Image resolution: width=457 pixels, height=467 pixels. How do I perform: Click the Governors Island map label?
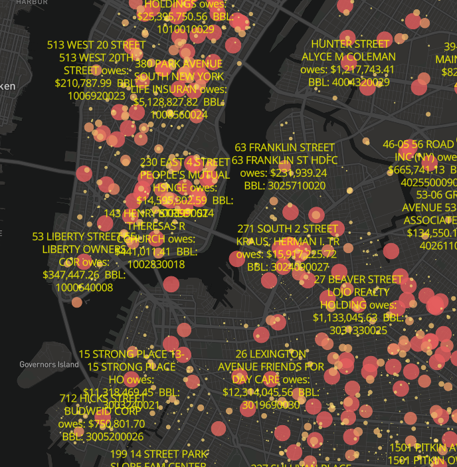[49, 365]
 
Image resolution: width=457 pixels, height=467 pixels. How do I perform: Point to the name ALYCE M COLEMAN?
[348, 56]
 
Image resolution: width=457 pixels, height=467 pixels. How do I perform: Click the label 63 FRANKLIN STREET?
[284, 147]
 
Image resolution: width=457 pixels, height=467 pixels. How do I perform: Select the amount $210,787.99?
[83, 83]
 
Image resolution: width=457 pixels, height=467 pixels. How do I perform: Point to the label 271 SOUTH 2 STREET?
[288, 229]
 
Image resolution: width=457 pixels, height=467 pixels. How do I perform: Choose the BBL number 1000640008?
[84, 288]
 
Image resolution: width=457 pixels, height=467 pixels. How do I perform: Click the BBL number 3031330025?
[358, 329]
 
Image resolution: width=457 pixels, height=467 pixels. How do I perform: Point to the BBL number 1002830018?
[156, 264]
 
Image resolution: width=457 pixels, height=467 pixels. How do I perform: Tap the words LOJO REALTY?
[358, 292]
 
